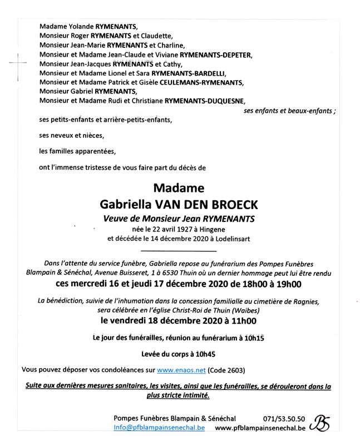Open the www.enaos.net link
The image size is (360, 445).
181,369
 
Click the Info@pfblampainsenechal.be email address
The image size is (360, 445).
159,428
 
